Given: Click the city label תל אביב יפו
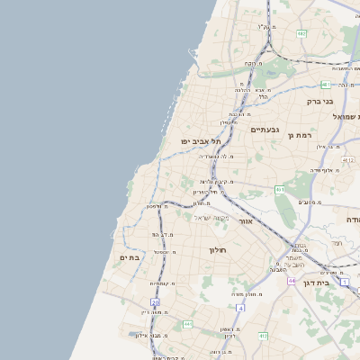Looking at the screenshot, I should [195, 141].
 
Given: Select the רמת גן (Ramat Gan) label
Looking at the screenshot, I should [299, 135].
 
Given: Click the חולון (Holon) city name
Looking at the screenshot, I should [220, 249].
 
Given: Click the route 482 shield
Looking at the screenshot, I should [301, 34].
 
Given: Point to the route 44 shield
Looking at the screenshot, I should [292, 280].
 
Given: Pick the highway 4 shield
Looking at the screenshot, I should [241, 308].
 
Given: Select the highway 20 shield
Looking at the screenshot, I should [155, 302].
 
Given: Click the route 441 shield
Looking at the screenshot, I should [188, 323].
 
